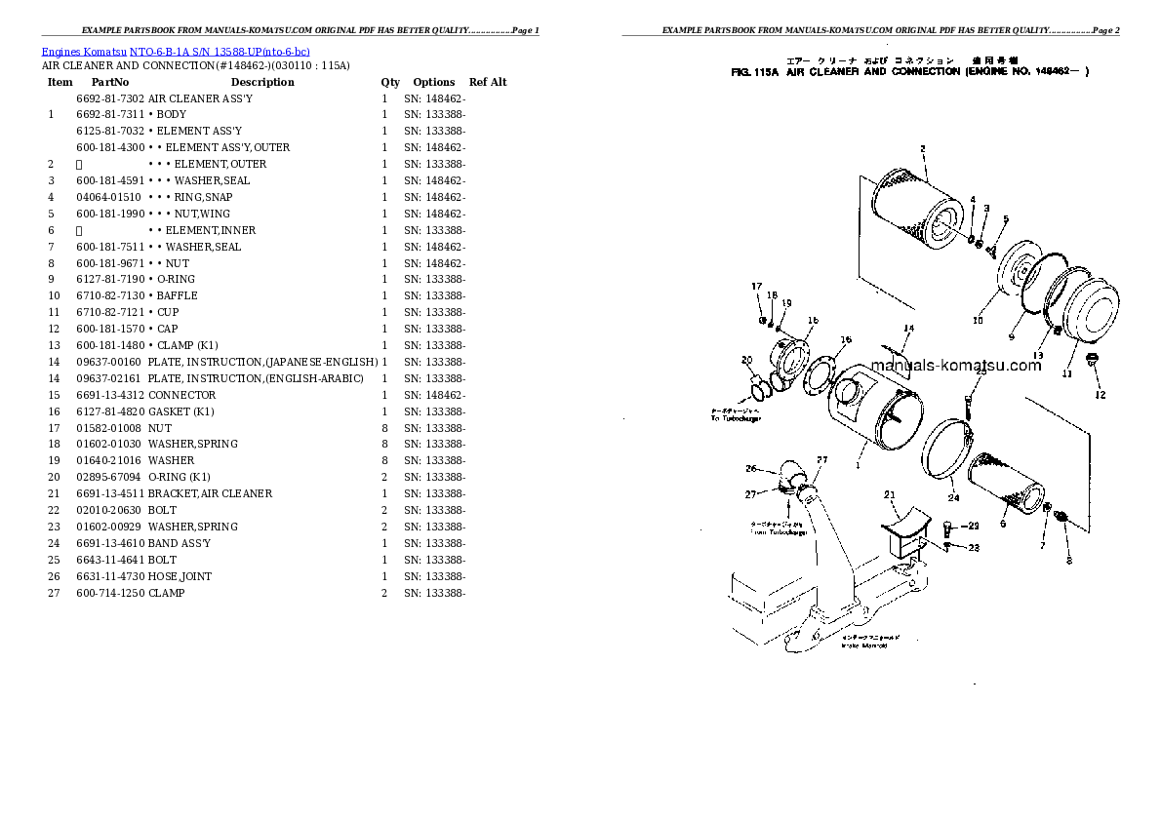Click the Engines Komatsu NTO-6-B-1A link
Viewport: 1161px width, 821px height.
(176, 51)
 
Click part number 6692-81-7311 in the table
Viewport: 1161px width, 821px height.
(109, 114)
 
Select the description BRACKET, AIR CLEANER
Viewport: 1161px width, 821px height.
(210, 493)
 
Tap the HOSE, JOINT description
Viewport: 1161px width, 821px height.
(180, 576)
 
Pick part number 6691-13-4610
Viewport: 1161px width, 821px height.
(109, 543)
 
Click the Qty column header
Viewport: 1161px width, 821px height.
(390, 82)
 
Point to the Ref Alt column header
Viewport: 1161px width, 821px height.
(488, 82)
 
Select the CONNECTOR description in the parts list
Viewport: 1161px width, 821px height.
(181, 395)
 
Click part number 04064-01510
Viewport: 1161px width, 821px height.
(109, 197)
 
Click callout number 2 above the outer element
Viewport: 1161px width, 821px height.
(921, 148)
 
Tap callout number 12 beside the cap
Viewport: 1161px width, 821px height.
(1101, 395)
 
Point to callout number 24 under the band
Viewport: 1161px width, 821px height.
(953, 498)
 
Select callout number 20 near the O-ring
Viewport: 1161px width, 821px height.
(746, 359)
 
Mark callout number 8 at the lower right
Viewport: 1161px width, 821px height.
(1068, 561)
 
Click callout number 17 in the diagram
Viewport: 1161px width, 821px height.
(755, 286)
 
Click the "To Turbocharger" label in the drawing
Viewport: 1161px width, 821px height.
(736, 418)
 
